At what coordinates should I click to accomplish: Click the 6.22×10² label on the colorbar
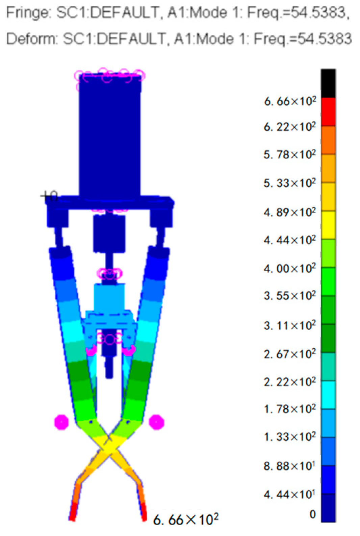[290, 127]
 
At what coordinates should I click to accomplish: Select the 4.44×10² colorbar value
[290, 240]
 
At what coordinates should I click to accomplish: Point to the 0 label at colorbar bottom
[312, 514]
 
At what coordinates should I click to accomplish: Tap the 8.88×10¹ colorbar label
[290, 466]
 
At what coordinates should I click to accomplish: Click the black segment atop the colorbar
[328, 83]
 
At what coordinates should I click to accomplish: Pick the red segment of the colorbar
[328, 112]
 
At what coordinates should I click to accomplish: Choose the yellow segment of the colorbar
[328, 225]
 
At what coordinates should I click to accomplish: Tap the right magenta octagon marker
[156, 422]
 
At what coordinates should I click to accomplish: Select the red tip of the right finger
[143, 511]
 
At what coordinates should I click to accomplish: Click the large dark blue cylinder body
[110, 135]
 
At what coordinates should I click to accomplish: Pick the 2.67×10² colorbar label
[290, 354]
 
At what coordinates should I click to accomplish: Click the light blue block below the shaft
[109, 296]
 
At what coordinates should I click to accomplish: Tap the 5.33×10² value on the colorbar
[290, 183]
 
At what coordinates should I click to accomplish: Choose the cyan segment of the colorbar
[328, 395]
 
